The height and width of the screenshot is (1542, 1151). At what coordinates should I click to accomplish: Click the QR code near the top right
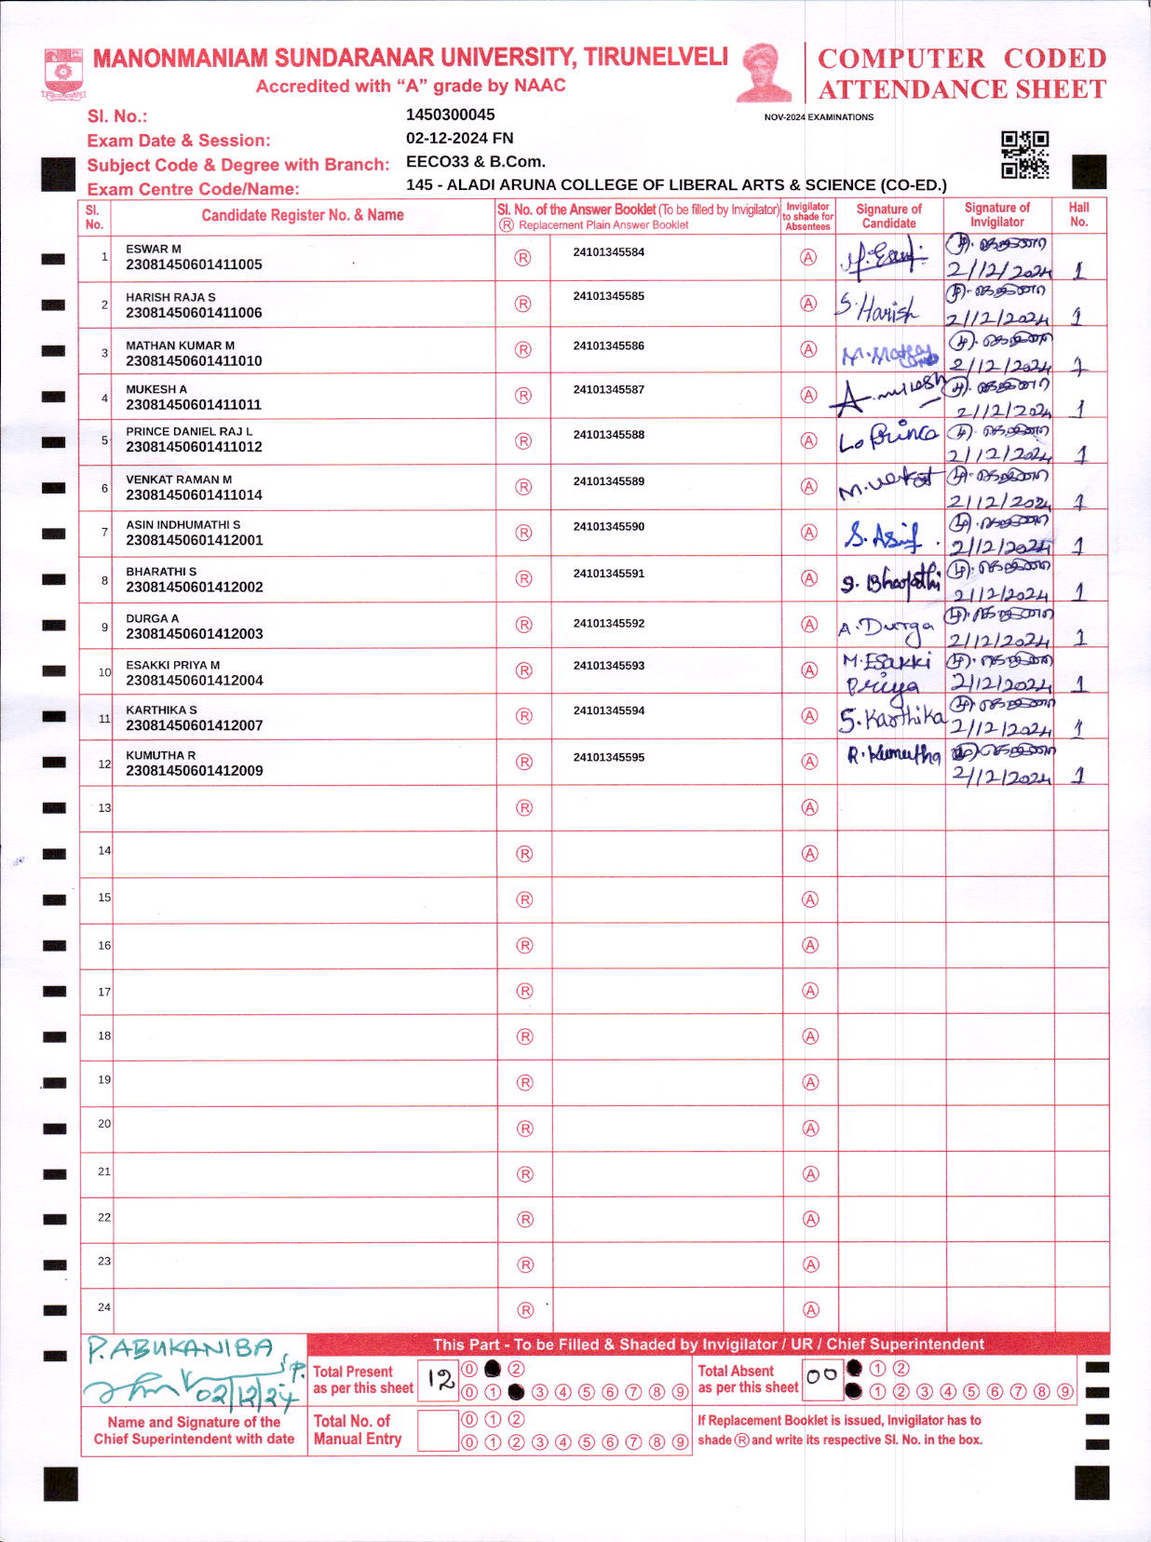coord(1024,154)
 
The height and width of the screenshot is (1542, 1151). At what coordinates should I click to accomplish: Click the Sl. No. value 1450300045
coord(451,115)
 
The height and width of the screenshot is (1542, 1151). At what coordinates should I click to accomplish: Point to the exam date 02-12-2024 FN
coord(460,138)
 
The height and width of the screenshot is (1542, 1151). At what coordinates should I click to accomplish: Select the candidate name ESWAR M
coord(154,249)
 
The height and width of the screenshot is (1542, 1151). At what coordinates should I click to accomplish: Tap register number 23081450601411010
coord(194,360)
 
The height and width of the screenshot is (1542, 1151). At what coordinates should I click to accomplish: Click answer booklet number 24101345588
coord(609,435)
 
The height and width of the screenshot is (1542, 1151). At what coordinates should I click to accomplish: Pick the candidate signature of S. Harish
coord(877,306)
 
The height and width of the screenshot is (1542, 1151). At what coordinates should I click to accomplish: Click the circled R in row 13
coord(524,807)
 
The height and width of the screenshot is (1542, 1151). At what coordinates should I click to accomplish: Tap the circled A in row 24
coord(810,1309)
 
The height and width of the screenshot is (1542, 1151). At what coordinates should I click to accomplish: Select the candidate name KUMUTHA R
coord(161,755)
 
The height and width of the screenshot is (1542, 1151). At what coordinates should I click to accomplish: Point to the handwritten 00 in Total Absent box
coord(821,1375)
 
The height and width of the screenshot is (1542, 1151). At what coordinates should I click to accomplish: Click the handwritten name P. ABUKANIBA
coord(182,1348)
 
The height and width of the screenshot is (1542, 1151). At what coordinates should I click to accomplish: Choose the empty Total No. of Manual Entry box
coord(438,1429)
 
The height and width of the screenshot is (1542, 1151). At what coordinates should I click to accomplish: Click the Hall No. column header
coord(1078,215)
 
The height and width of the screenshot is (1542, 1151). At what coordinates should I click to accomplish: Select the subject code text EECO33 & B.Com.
coord(476,161)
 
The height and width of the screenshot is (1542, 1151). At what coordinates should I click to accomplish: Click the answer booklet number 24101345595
coord(609,757)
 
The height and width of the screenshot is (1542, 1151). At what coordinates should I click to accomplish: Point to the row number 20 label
coord(104,1124)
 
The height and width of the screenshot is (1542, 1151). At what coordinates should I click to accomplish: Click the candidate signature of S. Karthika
coord(891,718)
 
